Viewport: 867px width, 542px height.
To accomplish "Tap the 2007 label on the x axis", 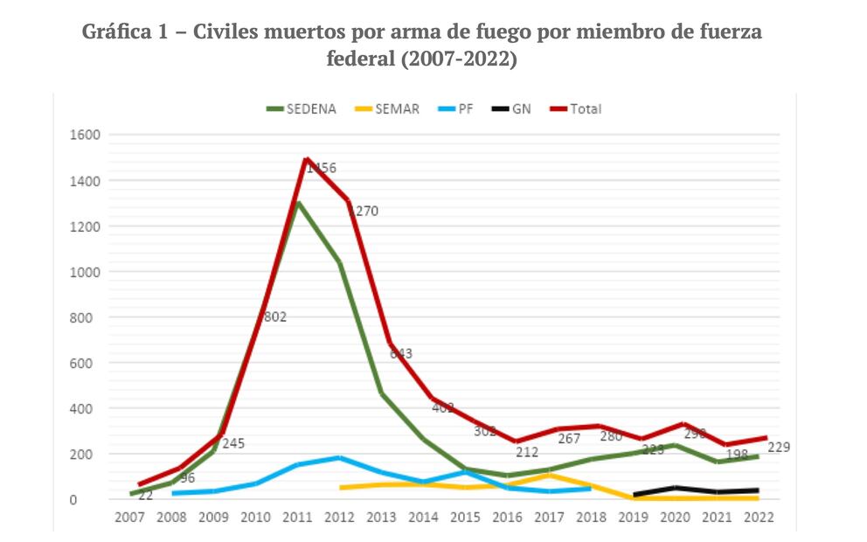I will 130,517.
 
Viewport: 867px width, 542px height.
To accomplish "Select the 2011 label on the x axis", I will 297,517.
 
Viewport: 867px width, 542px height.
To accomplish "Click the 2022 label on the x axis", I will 757,517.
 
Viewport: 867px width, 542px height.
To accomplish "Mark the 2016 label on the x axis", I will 506,517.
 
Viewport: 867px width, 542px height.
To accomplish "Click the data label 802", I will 274,317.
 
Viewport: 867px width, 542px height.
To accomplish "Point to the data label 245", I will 232,443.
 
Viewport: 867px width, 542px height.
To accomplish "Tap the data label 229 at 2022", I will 780,448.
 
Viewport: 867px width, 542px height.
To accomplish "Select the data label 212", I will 526,452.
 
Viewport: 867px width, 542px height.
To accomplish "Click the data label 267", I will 568,438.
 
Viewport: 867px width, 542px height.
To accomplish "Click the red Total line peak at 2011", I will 306,159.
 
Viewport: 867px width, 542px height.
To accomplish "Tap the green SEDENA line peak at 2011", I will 298,203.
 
